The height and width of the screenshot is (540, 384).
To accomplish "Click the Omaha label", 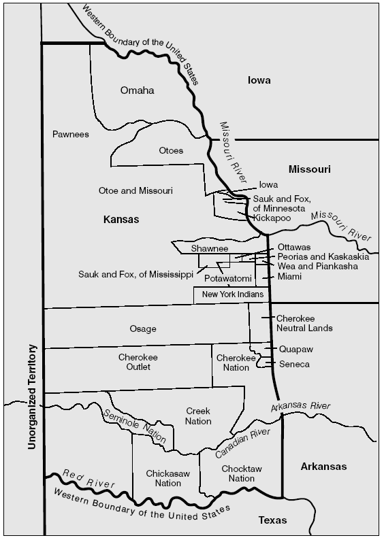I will click(138, 90).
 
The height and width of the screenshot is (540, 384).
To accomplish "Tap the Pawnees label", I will click(71, 135).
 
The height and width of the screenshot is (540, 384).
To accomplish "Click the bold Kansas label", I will click(121, 220).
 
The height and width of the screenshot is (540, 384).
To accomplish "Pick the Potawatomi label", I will click(228, 279).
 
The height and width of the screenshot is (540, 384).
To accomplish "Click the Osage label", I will click(142, 329).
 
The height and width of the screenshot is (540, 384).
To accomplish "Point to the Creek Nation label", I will click(198, 416).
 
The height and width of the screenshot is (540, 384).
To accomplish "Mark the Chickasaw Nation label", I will click(163, 478).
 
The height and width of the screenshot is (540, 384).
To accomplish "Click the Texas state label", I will click(272, 520).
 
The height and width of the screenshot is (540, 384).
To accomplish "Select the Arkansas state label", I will click(323, 467).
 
